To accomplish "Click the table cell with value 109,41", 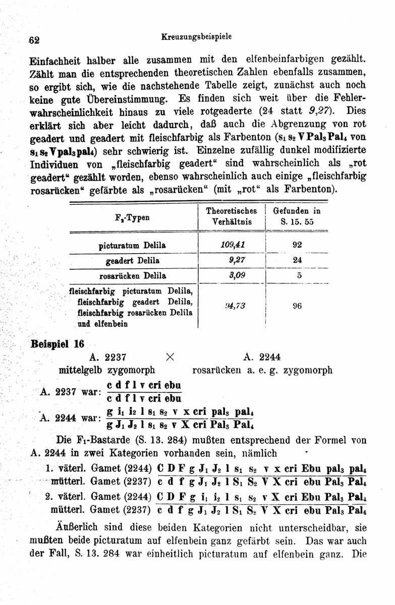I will (x=232, y=245).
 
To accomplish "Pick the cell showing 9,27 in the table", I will (x=232, y=260).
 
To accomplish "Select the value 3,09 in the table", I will (x=232, y=276).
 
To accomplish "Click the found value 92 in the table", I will (x=297, y=245).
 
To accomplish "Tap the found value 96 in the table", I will (x=297, y=306).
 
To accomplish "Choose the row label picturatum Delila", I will (x=133, y=245).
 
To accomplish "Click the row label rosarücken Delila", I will (x=133, y=276).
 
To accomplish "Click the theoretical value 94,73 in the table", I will (x=232, y=305).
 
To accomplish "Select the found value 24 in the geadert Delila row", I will (x=297, y=260).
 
